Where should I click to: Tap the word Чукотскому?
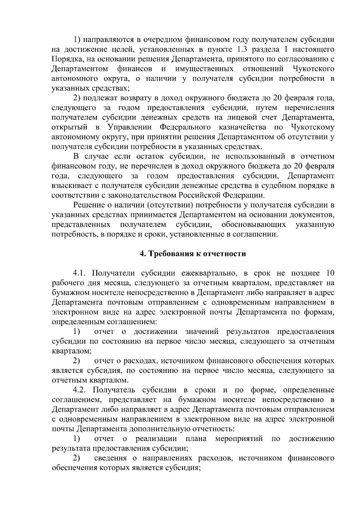pos(313,127)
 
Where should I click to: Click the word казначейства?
pos(242,127)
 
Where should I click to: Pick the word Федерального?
pos(185,127)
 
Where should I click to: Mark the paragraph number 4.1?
pos(80,273)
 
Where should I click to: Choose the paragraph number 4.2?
pos(81,390)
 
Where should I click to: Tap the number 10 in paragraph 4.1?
pos(329,273)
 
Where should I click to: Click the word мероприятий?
pos(239,439)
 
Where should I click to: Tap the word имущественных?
pos(204,69)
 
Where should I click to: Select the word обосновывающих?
pos(253,225)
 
